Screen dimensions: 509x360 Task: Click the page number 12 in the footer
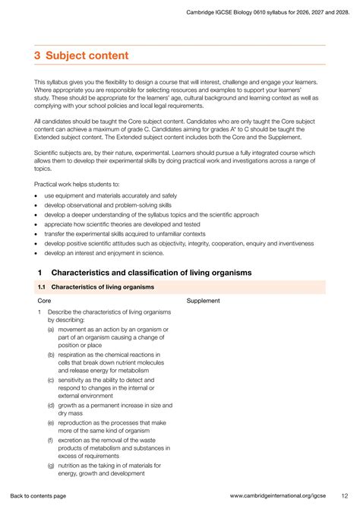[344, 495]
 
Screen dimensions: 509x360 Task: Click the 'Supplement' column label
[203, 301]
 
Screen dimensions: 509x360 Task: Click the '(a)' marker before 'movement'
[50, 330]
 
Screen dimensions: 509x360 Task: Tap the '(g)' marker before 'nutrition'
[51, 464]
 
